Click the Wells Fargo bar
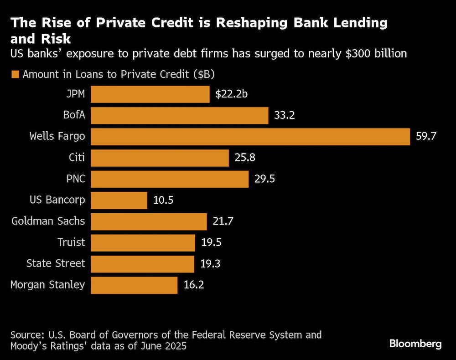[250, 137]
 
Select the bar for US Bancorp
[119, 200]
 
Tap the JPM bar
[150, 94]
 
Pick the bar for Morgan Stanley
[134, 285]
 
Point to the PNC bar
[170, 179]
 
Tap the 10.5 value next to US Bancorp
[163, 200]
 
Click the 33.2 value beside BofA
[285, 116]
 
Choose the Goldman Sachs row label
[48, 221]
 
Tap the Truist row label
[71, 242]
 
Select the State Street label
[56, 264]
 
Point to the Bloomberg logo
[415, 344]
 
